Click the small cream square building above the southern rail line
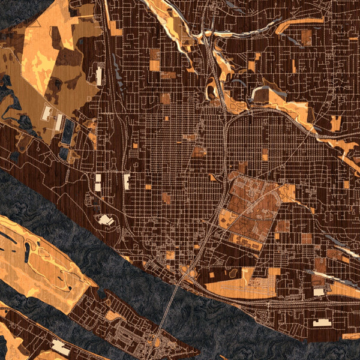(x=317, y=292)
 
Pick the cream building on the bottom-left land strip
(x=60, y=346)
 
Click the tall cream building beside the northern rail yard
(x=99, y=76)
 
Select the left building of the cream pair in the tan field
(x=47, y=113)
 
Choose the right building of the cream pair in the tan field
(x=59, y=122)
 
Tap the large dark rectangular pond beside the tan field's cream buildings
(x=67, y=130)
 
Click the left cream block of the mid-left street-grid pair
(x=98, y=182)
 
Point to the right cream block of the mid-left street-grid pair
(x=126, y=182)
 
